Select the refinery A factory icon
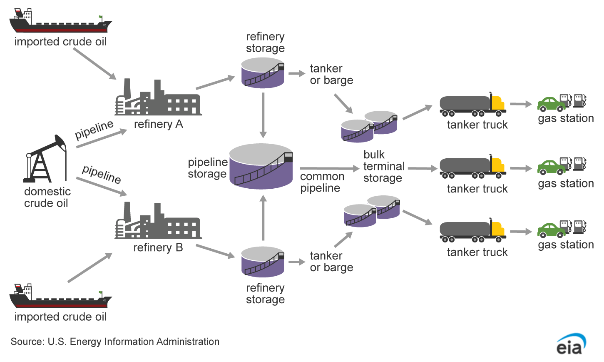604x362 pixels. click(x=158, y=99)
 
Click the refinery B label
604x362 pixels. click(x=158, y=248)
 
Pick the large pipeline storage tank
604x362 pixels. click(x=261, y=167)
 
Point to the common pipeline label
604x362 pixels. click(x=322, y=182)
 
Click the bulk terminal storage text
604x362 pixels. click(x=383, y=167)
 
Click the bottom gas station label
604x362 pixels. click(x=566, y=245)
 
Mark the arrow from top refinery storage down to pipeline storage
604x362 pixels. click(x=263, y=115)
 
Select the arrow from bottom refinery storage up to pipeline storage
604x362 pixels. click(x=263, y=218)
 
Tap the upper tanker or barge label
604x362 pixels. click(x=331, y=74)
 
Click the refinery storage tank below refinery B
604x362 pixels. click(x=263, y=262)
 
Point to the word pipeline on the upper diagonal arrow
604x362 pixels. click(x=94, y=130)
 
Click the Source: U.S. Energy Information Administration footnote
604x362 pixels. click(x=115, y=342)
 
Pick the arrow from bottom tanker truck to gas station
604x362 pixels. click(x=521, y=232)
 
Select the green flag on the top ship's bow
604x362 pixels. click(x=100, y=17)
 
